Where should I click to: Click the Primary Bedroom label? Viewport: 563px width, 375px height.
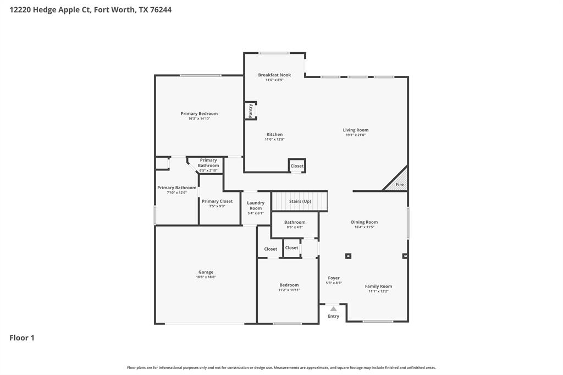pos(199,114)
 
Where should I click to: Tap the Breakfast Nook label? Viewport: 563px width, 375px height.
pos(274,75)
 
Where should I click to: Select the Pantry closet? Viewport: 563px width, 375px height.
pos(251,111)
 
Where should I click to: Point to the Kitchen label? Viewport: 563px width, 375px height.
pos(274,134)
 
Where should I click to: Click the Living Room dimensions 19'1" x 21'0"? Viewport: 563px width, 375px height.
pos(356,135)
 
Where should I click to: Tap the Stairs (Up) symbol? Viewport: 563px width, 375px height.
pos(300,201)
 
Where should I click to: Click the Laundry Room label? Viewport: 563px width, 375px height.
pos(256,206)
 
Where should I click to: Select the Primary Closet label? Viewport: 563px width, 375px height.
pos(217,201)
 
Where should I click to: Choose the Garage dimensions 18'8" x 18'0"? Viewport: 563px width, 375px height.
pos(206,277)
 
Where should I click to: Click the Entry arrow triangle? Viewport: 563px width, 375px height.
pos(334,309)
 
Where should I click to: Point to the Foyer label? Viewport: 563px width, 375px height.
pos(334,278)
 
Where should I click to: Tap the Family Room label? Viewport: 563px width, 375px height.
pos(378,286)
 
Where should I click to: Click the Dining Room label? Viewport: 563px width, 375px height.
pos(365,222)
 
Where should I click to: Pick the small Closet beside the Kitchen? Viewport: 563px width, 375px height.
pos(297,166)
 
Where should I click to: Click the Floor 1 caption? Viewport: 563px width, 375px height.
pos(22,338)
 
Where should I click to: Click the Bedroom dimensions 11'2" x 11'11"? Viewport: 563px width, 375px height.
pos(289,290)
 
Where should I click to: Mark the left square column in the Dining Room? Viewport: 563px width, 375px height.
pos(348,256)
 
